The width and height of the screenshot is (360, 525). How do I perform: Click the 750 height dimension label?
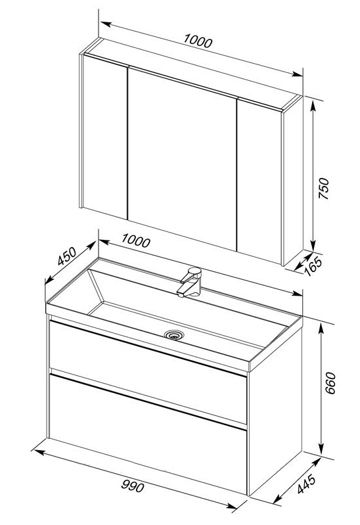pyautogui.click(x=323, y=189)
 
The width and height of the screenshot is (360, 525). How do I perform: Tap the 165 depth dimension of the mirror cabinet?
pyautogui.click(x=313, y=265)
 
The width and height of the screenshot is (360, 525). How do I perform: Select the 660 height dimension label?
pyautogui.click(x=330, y=382)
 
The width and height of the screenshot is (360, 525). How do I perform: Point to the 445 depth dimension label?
pyautogui.click(x=306, y=484)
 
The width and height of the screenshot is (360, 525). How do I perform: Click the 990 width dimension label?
pyautogui.click(x=133, y=486)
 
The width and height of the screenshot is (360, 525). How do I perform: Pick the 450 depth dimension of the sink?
pyautogui.click(x=67, y=256)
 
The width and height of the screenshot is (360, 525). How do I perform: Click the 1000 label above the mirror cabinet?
pyautogui.click(x=198, y=41)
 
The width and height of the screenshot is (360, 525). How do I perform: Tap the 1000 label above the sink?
pyautogui.click(x=135, y=240)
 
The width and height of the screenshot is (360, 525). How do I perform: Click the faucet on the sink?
pyautogui.click(x=190, y=282)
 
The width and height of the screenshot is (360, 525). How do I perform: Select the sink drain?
pyautogui.click(x=174, y=334)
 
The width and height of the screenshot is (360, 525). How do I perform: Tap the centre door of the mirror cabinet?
pyautogui.click(x=182, y=159)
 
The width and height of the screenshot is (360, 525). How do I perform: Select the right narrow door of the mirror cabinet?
pyautogui.click(x=259, y=181)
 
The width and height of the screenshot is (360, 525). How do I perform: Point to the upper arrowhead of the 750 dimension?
pyautogui.click(x=313, y=106)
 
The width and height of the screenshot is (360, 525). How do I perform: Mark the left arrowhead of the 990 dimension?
pyautogui.click(x=40, y=452)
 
